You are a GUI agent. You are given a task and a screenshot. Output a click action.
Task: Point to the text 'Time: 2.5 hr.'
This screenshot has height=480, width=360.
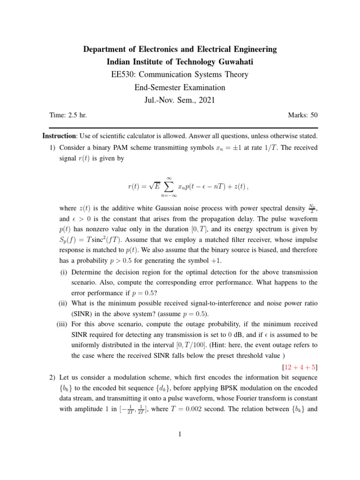coord(68,115)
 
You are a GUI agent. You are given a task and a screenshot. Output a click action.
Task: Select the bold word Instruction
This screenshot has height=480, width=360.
coord(59,136)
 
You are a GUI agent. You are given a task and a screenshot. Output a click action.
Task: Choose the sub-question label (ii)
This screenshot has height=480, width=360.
coord(64,304)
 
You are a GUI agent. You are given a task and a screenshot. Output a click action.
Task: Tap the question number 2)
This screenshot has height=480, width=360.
coord(53,377)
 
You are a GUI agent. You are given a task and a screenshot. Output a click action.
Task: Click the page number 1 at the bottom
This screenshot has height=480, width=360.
coord(180,435)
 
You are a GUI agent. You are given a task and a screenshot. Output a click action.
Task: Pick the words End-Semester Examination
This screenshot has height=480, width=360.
coord(180,87)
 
